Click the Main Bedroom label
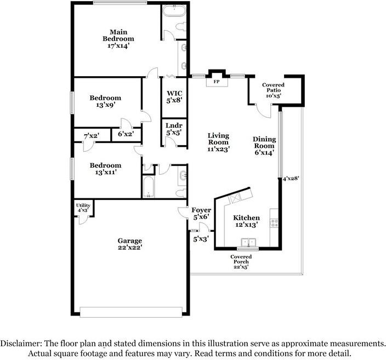click(x=118, y=39)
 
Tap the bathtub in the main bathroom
click(x=174, y=10)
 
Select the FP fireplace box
click(x=217, y=82)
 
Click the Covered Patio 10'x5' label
click(x=273, y=90)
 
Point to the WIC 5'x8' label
click(x=174, y=97)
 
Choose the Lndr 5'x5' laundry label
click(x=174, y=129)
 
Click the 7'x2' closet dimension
click(x=92, y=135)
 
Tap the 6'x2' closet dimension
click(x=126, y=134)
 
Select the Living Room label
click(x=218, y=142)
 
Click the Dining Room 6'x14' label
click(x=264, y=146)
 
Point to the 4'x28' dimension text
click(x=291, y=179)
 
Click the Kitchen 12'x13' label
click(x=246, y=221)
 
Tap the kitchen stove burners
click(x=275, y=223)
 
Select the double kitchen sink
click(x=248, y=242)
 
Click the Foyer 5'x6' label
click(x=201, y=213)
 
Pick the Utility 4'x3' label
click(x=83, y=208)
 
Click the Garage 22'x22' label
click(x=129, y=244)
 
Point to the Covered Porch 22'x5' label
click(x=241, y=262)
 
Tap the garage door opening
click(x=131, y=312)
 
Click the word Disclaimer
click(x=21, y=343)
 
